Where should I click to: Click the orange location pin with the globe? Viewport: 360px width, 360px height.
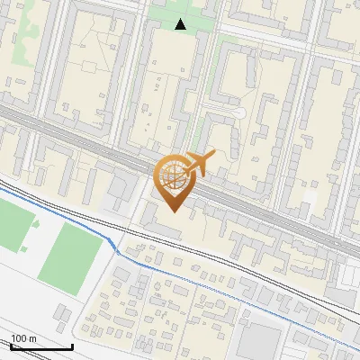[175, 180]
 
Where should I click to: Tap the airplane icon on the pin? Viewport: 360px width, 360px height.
[200, 164]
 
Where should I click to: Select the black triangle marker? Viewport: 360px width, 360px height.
[181, 24]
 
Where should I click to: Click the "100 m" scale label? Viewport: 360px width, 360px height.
[23, 338]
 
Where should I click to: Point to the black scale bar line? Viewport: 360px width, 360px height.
[40, 346]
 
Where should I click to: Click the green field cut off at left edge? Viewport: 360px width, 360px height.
[13, 225]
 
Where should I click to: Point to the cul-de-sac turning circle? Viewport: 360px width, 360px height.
[238, 112]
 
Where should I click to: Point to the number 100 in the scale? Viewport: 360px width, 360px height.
[18, 338]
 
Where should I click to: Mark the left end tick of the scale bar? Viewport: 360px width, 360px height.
[10, 346]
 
